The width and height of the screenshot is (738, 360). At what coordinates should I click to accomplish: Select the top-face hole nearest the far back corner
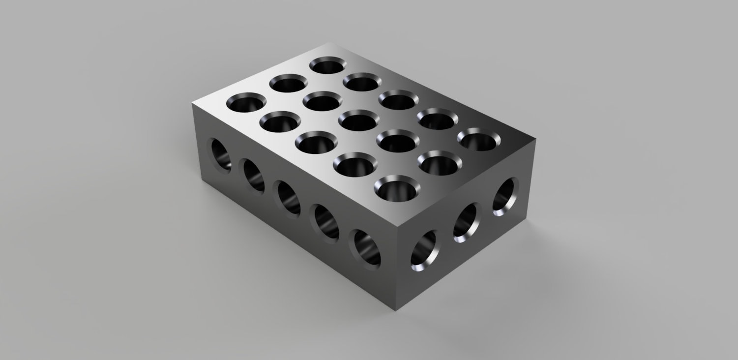point(327,65)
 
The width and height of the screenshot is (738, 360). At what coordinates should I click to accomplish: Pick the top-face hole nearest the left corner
point(246,102)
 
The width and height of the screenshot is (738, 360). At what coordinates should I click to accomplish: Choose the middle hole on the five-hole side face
point(288,198)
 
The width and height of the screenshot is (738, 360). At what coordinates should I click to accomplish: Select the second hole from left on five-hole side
point(253,175)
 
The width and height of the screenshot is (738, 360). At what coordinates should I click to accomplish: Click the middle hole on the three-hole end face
point(465,222)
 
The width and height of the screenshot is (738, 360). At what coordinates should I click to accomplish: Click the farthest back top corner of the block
point(335,43)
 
